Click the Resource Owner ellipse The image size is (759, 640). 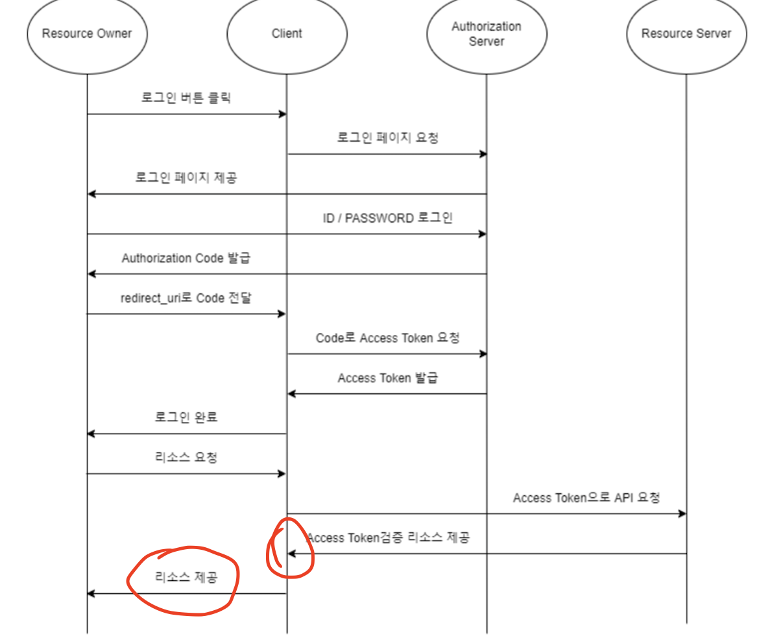coord(87,34)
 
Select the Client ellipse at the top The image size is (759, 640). coord(287,34)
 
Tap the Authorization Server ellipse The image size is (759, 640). coord(487,34)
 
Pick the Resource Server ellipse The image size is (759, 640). coord(686,34)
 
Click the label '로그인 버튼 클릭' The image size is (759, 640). coord(186,98)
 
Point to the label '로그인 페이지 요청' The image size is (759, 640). coord(387,138)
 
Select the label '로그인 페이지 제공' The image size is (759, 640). coord(186,177)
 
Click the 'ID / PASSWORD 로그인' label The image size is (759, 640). coord(387,218)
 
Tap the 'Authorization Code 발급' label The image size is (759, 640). coord(186,258)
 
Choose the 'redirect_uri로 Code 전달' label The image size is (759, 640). coord(186,298)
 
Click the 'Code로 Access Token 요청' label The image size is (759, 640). coord(387,338)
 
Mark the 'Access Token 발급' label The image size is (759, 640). coord(387,378)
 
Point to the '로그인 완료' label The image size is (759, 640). coord(186,417)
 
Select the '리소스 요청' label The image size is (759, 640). coord(186,458)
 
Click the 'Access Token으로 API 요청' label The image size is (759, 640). coord(586,498)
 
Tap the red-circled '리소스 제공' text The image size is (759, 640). coord(186,577)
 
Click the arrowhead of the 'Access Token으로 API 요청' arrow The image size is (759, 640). coord(682,513)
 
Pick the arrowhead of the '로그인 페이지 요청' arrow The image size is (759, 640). coord(483,154)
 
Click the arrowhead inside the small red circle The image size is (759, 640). coord(292,554)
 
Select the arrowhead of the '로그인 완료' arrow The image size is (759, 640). coord(91,434)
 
